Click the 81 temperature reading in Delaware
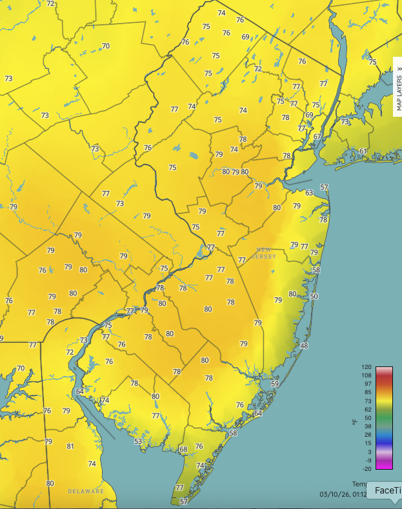[70, 446]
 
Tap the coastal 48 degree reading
[305, 346]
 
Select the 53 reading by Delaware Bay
[138, 441]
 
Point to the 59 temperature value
[274, 384]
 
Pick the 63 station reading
[309, 193]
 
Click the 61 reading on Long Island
[363, 151]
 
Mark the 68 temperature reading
[183, 449]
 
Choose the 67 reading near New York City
[317, 136]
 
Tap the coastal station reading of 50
[314, 296]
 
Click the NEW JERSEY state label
[266, 253]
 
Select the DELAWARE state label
[86, 491]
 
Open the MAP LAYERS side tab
[398, 86]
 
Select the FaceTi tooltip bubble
[385, 491]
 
